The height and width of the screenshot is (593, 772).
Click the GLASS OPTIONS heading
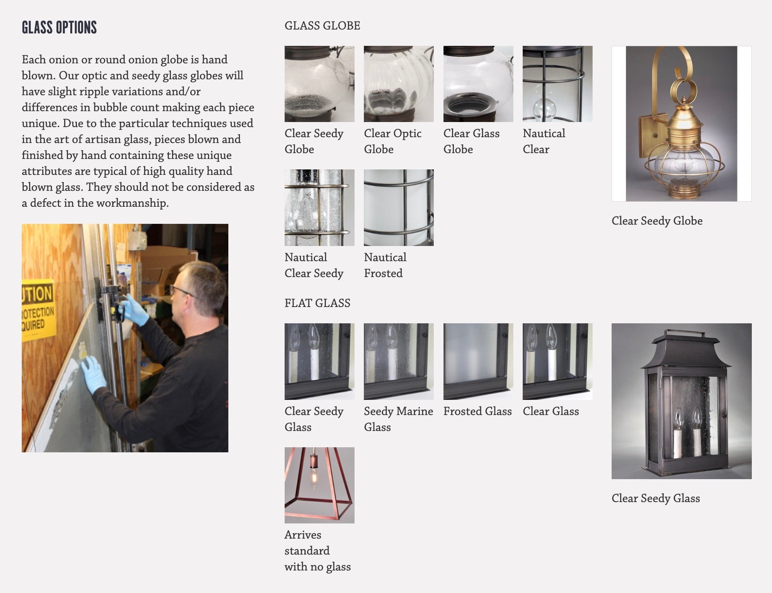point(59,28)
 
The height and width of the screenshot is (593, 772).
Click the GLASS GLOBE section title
point(322,26)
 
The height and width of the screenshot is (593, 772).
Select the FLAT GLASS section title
point(317,303)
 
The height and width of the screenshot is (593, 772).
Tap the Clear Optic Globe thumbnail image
point(398,84)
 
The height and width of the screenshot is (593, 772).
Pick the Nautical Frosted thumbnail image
point(398,208)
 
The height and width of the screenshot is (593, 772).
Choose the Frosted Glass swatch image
point(478,361)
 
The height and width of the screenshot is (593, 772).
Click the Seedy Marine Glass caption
point(398,419)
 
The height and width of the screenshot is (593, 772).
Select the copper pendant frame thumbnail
point(319,485)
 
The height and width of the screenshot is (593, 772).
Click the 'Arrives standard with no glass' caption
point(317,551)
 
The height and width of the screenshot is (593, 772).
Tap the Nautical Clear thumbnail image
point(557,84)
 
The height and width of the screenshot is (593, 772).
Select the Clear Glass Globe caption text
point(471,141)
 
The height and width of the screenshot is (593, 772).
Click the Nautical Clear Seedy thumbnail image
point(319,208)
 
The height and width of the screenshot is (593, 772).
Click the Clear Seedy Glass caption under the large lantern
point(656,498)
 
